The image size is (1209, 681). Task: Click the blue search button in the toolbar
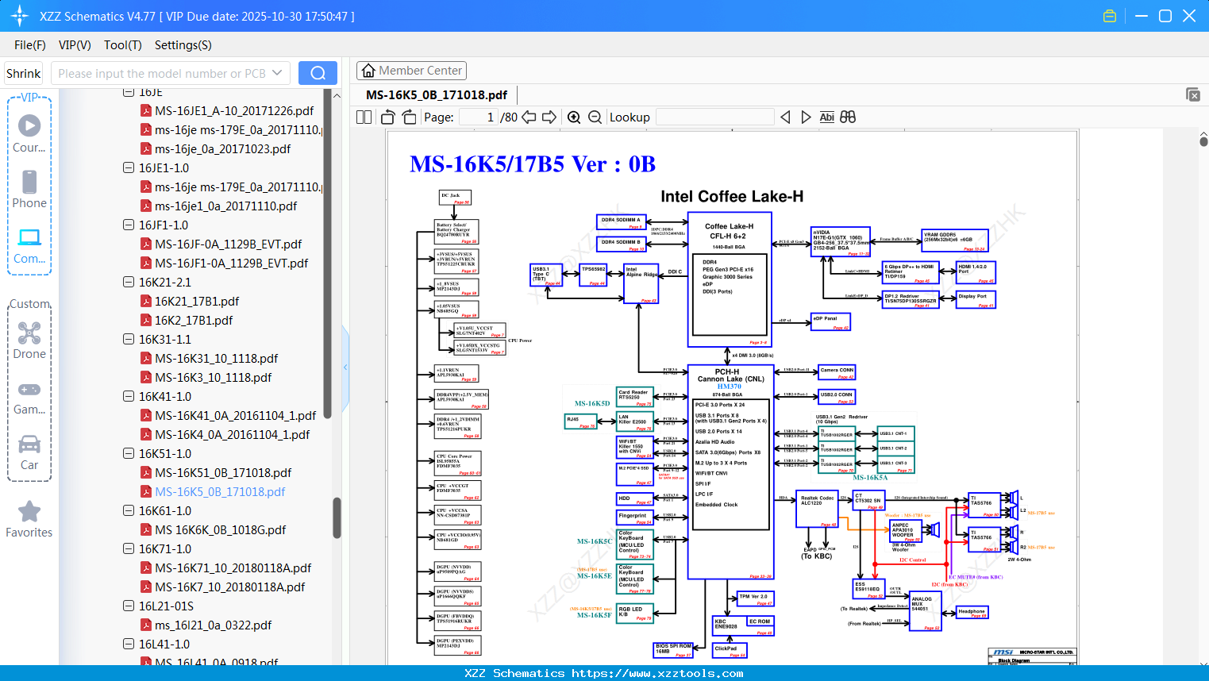pyautogui.click(x=318, y=73)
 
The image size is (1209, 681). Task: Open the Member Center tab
pyautogui.click(x=411, y=71)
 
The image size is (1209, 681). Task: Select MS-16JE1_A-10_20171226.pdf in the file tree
pyautogui.click(x=234, y=111)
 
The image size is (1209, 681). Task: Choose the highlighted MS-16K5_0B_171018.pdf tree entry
pyautogui.click(x=220, y=492)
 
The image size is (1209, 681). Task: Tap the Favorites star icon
pyautogui.click(x=29, y=512)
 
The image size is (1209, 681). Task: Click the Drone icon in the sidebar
pyautogui.click(x=29, y=333)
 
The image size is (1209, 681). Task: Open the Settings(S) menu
pyautogui.click(x=183, y=45)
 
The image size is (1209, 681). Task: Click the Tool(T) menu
pyautogui.click(x=122, y=45)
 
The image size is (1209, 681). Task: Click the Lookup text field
pyautogui.click(x=714, y=117)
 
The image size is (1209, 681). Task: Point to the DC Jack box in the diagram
pyautogui.click(x=456, y=197)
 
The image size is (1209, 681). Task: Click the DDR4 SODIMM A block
pyautogui.click(x=621, y=221)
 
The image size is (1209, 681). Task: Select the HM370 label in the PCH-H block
pyautogui.click(x=729, y=387)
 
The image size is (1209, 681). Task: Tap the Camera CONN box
pyautogui.click(x=837, y=371)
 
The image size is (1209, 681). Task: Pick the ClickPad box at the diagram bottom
pyautogui.click(x=729, y=650)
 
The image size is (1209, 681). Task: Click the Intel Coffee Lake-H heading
pyautogui.click(x=732, y=197)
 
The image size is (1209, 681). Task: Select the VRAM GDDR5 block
pyautogui.click(x=954, y=240)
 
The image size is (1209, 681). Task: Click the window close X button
pyautogui.click(x=1188, y=16)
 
